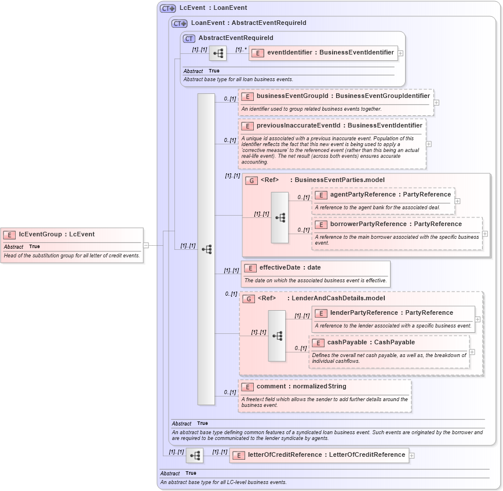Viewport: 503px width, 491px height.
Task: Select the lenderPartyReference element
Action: click(x=391, y=313)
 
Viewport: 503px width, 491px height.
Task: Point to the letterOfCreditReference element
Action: click(x=326, y=455)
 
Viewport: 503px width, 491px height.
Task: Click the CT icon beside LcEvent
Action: click(x=168, y=8)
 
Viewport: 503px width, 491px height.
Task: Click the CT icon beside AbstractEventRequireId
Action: click(x=189, y=38)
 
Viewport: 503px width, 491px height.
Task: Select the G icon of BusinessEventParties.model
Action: click(x=251, y=180)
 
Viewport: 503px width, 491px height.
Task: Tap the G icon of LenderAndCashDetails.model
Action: click(x=248, y=299)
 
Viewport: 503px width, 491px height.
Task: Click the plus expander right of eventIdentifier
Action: click(x=401, y=53)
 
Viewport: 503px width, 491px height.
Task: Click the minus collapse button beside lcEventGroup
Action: click(x=146, y=245)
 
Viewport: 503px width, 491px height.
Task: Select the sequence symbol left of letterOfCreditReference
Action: click(x=195, y=456)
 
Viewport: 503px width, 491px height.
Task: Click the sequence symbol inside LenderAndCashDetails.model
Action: click(x=277, y=336)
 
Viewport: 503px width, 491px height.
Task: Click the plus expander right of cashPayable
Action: click(x=472, y=352)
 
